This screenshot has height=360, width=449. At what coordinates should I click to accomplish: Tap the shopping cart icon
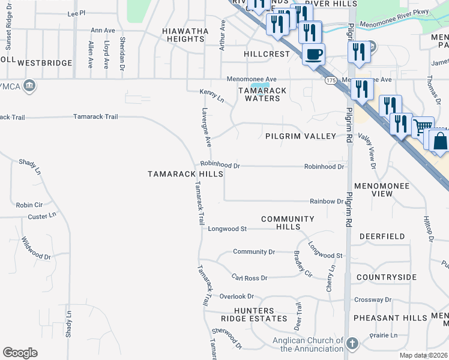tap(423, 128)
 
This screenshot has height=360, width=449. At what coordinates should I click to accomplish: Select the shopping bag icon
tap(440, 141)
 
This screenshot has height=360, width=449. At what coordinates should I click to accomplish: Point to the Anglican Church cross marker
tap(352, 343)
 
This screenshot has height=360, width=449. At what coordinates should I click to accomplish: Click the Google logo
tap(20, 353)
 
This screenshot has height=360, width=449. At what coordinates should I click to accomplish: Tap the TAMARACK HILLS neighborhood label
tap(185, 174)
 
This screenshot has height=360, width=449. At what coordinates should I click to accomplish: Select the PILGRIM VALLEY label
tap(301, 136)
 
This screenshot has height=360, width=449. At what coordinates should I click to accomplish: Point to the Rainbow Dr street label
tap(326, 202)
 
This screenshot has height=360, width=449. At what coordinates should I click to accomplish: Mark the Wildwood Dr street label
tap(37, 248)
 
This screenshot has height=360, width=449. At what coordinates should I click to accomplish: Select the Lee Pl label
tap(77, 13)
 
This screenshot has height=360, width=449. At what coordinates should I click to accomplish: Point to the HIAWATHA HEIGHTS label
tap(185, 35)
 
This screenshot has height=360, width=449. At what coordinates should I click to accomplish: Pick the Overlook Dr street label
tap(237, 296)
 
